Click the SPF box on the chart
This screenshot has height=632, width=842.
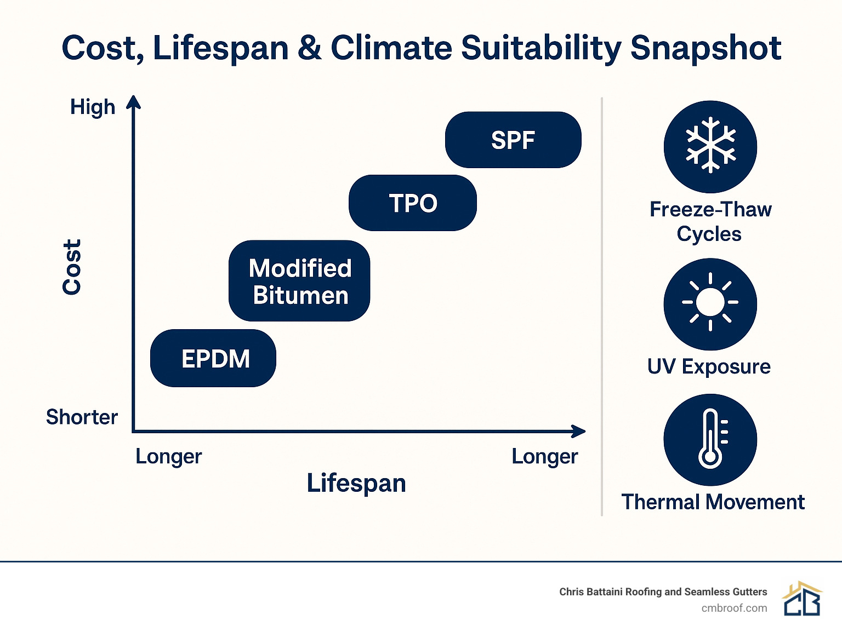(x=513, y=140)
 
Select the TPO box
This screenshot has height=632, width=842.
(x=413, y=203)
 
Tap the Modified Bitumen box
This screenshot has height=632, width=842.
(x=299, y=281)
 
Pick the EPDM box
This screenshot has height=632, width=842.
(x=213, y=359)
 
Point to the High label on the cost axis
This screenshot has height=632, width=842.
(x=93, y=107)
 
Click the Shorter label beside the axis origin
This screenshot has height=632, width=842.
(x=82, y=417)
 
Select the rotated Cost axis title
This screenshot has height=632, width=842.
(x=72, y=267)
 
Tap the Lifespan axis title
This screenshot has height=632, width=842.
(x=356, y=483)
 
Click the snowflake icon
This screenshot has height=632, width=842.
(x=710, y=146)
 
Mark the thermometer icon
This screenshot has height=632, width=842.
(x=710, y=439)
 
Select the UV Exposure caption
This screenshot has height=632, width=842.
(x=709, y=366)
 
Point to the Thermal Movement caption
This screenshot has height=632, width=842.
(x=713, y=502)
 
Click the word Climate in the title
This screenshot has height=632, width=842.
(x=391, y=48)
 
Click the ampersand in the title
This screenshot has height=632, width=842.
(x=310, y=48)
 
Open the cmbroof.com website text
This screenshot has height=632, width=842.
(x=734, y=608)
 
